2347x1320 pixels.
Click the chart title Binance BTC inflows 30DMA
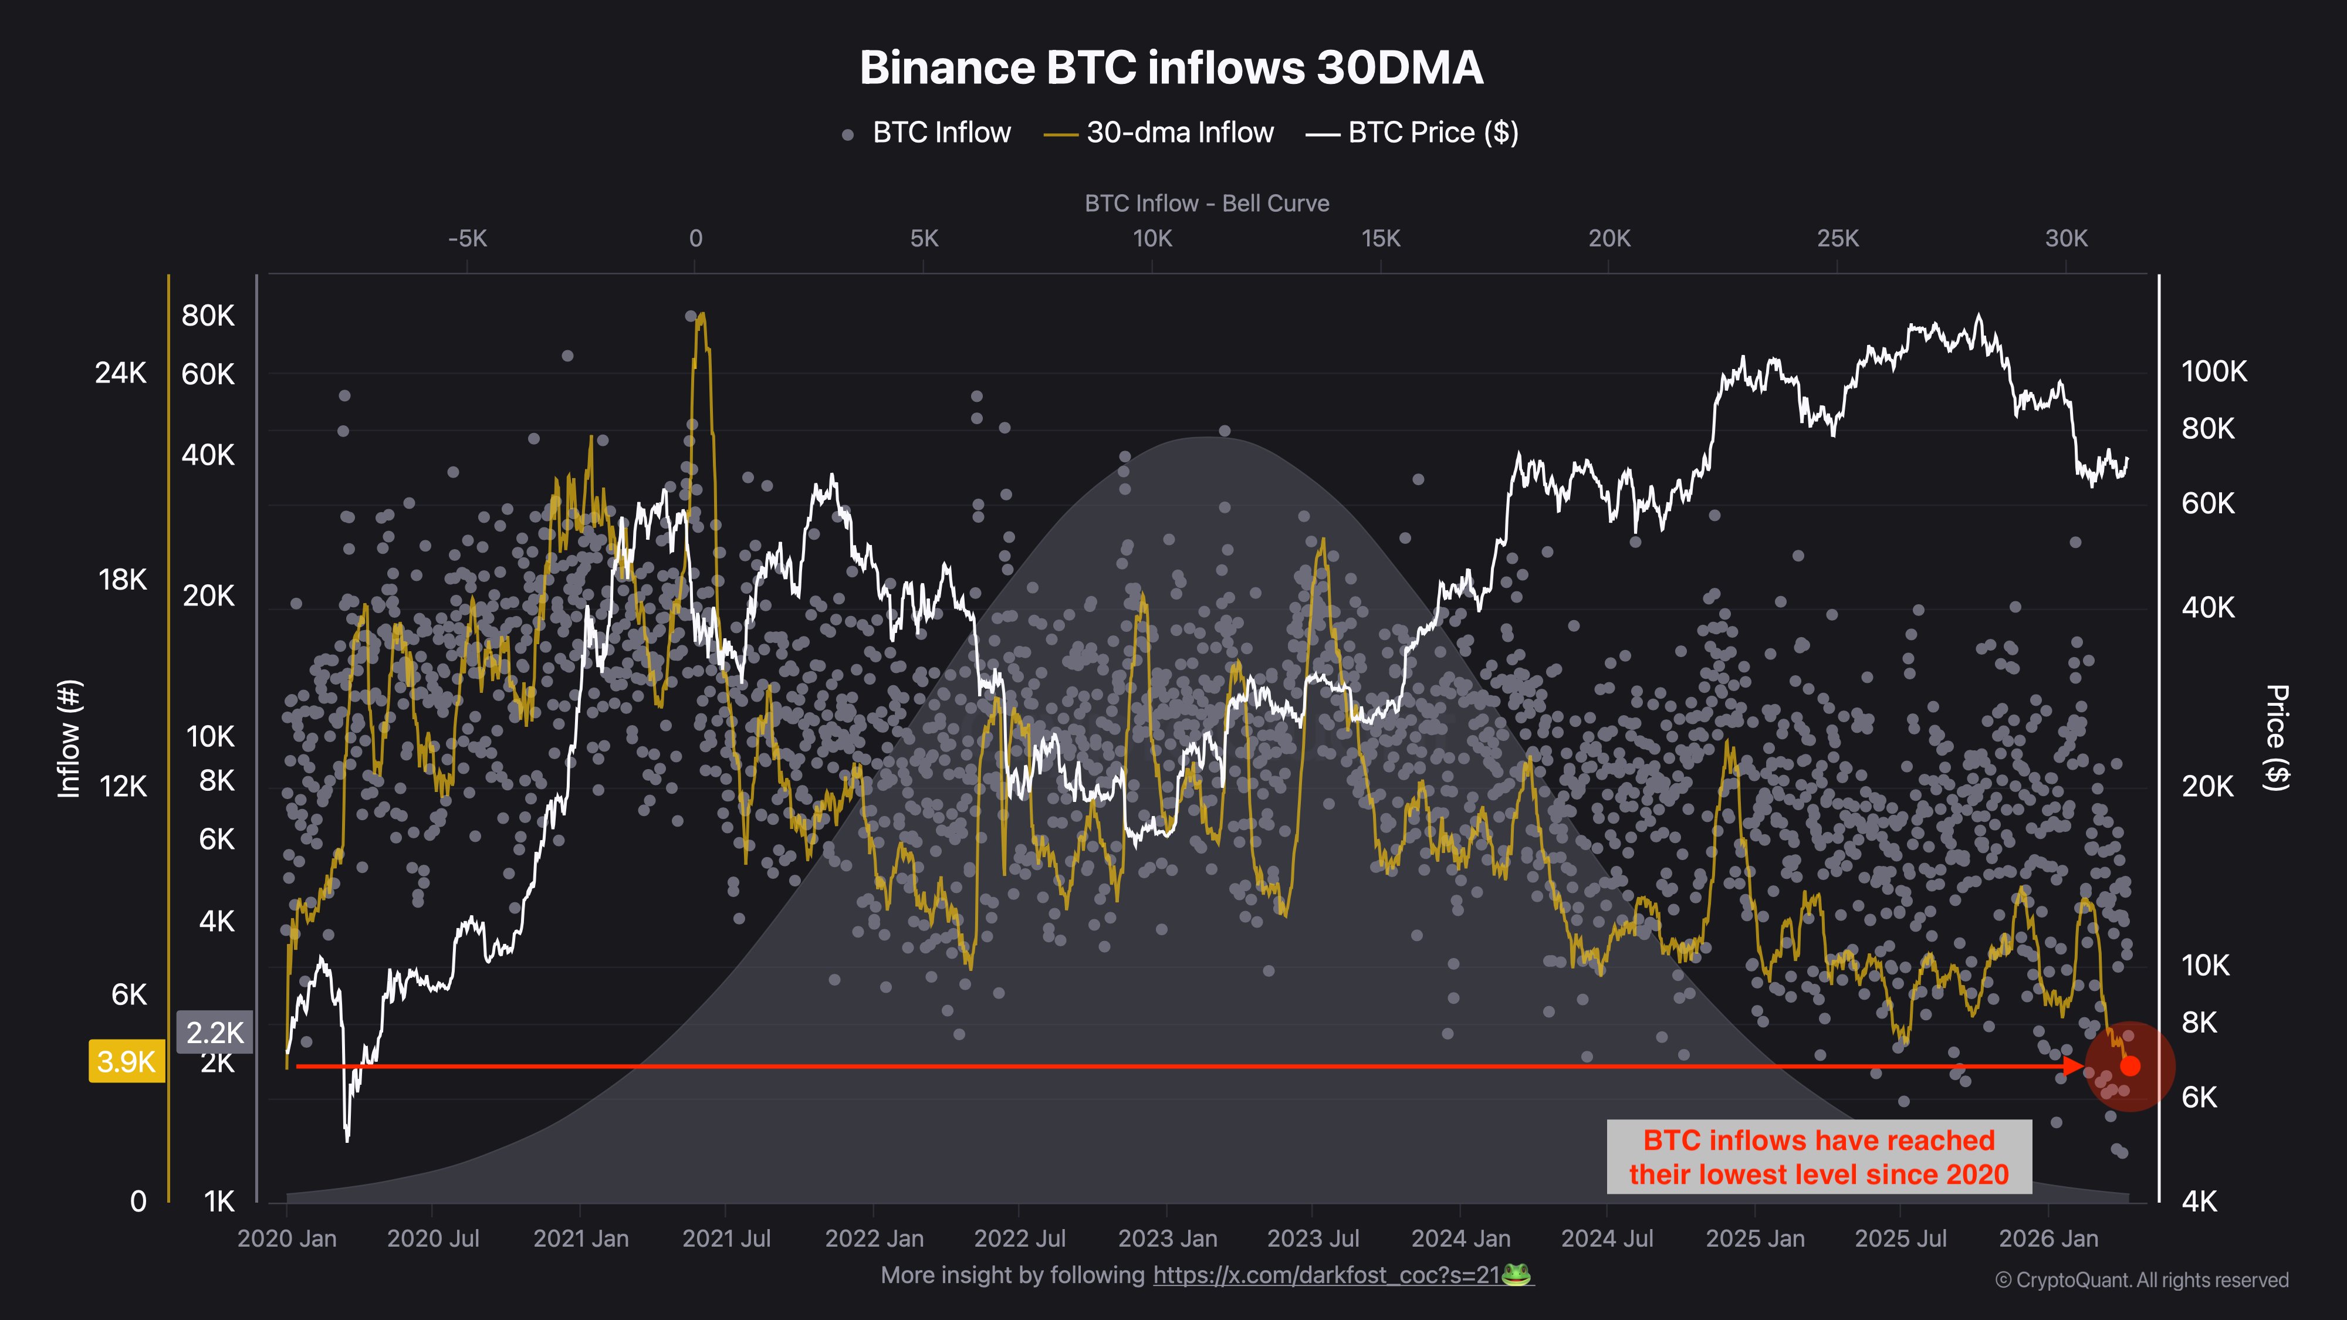1172,68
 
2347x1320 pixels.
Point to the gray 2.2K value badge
214,1032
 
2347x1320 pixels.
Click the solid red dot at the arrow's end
2130,1067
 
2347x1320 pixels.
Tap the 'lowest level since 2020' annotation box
1818,1157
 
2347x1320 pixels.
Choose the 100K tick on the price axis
2213,372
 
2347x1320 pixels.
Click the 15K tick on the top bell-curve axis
1380,239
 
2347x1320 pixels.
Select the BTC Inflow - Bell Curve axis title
1206,203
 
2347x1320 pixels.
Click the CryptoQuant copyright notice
2141,1280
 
